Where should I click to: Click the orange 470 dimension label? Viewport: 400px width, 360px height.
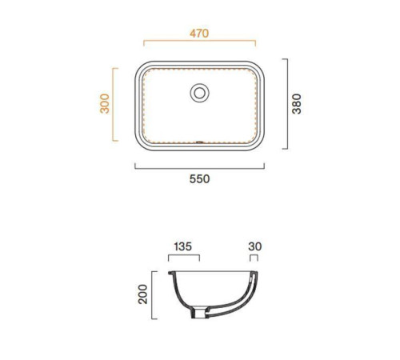click(x=199, y=34)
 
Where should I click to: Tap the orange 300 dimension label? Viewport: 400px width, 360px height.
click(x=105, y=104)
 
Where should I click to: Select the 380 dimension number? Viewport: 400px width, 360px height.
click(x=297, y=104)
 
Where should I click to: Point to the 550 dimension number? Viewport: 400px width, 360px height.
click(x=199, y=178)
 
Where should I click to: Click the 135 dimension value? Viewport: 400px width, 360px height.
click(x=183, y=246)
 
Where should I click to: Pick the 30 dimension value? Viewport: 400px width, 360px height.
click(x=255, y=246)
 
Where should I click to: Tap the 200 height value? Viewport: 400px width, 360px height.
click(x=142, y=294)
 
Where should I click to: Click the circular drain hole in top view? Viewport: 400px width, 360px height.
click(x=199, y=93)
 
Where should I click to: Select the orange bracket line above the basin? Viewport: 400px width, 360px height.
click(x=199, y=41)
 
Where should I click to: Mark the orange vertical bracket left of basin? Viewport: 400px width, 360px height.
click(x=113, y=104)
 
